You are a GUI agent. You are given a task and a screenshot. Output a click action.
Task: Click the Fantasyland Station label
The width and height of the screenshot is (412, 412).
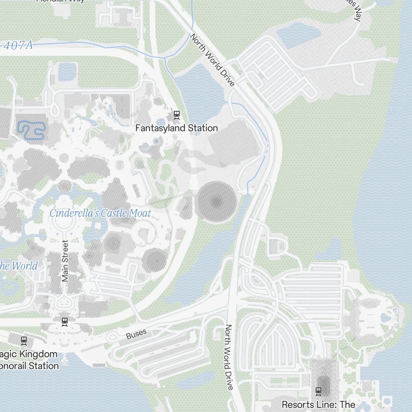pyautogui.click(x=176, y=128)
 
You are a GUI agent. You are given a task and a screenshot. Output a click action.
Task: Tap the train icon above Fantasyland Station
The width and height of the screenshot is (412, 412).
pyautogui.click(x=177, y=115)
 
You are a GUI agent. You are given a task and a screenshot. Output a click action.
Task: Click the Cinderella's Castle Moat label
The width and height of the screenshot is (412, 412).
pyautogui.click(x=100, y=213)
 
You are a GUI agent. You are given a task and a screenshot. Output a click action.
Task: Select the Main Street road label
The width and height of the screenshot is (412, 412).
pyautogui.click(x=65, y=261)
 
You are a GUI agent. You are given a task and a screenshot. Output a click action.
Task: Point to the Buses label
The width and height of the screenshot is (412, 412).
pyautogui.click(x=136, y=335)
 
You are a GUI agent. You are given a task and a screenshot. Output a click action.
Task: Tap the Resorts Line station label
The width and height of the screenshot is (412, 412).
pyautogui.click(x=318, y=405)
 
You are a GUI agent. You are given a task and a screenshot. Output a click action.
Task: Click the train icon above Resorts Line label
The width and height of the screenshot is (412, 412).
pyautogui.click(x=318, y=391)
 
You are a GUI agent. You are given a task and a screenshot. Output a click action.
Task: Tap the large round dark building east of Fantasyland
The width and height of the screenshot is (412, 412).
pyautogui.click(x=216, y=202)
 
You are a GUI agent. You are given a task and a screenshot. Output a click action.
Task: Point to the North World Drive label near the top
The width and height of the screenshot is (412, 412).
pyautogui.click(x=212, y=60)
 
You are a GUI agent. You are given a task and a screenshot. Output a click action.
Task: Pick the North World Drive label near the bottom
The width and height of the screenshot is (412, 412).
pyautogui.click(x=229, y=357)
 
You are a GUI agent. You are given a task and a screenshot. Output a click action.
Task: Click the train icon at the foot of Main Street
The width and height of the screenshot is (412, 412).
pyautogui.click(x=64, y=321)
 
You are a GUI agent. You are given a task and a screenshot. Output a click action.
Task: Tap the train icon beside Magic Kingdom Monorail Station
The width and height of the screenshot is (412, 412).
pyautogui.click(x=24, y=340)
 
